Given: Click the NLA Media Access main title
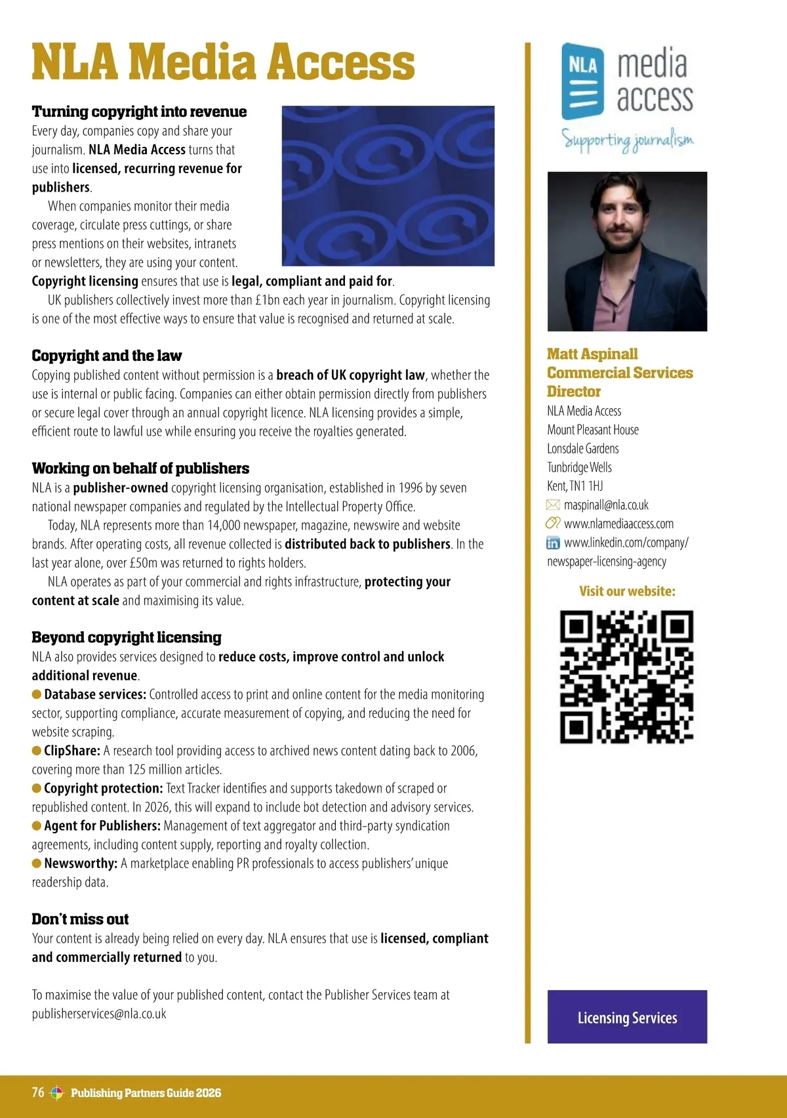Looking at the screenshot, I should pos(223,62).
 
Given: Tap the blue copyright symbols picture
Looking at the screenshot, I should pos(388,186).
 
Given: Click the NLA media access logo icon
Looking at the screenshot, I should pos(582,81).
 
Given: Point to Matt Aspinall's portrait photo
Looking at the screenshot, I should pos(627,251).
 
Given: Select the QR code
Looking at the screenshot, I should pos(626,676).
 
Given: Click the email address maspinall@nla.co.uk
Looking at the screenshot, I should pos(606,505).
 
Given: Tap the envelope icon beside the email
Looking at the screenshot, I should pos(553,505).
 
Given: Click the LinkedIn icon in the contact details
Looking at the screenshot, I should pos(553,543).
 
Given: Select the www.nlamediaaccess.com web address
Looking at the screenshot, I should pos(618,524).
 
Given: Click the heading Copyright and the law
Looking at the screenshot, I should pos(107,356).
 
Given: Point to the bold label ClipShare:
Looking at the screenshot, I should pos(72,751).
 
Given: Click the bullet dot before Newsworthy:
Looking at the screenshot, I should pos(37,863).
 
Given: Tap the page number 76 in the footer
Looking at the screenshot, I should pos(38,1092).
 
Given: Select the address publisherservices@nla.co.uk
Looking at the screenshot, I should pos(99,1014).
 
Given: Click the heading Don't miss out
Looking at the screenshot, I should pos(80,919).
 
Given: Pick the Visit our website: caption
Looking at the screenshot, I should pos(627,591).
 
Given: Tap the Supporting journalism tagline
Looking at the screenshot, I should pos(627,140).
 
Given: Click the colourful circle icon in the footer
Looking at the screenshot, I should pos(57,1092).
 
